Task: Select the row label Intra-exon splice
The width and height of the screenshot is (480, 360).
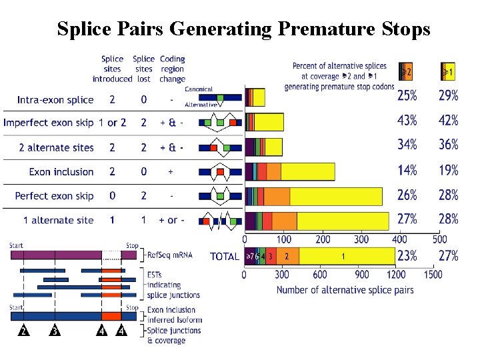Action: coord(55,100)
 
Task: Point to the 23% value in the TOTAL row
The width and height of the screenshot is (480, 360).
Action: coord(407,256)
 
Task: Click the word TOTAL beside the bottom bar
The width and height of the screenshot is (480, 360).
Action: coord(225,256)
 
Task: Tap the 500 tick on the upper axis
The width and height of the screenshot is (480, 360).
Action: coord(439,239)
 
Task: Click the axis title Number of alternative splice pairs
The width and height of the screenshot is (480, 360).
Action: coord(345,290)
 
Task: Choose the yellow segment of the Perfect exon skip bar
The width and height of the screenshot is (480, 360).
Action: coord(336,196)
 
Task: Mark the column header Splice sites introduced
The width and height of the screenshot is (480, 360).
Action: coord(112,69)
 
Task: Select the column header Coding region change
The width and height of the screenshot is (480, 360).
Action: coord(172,69)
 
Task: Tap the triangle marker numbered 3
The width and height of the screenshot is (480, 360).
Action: coord(55,331)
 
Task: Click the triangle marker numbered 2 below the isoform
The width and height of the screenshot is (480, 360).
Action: coord(23,331)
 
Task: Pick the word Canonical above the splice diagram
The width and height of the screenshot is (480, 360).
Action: coord(199,89)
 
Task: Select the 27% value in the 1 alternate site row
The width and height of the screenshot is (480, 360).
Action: coord(407,219)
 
